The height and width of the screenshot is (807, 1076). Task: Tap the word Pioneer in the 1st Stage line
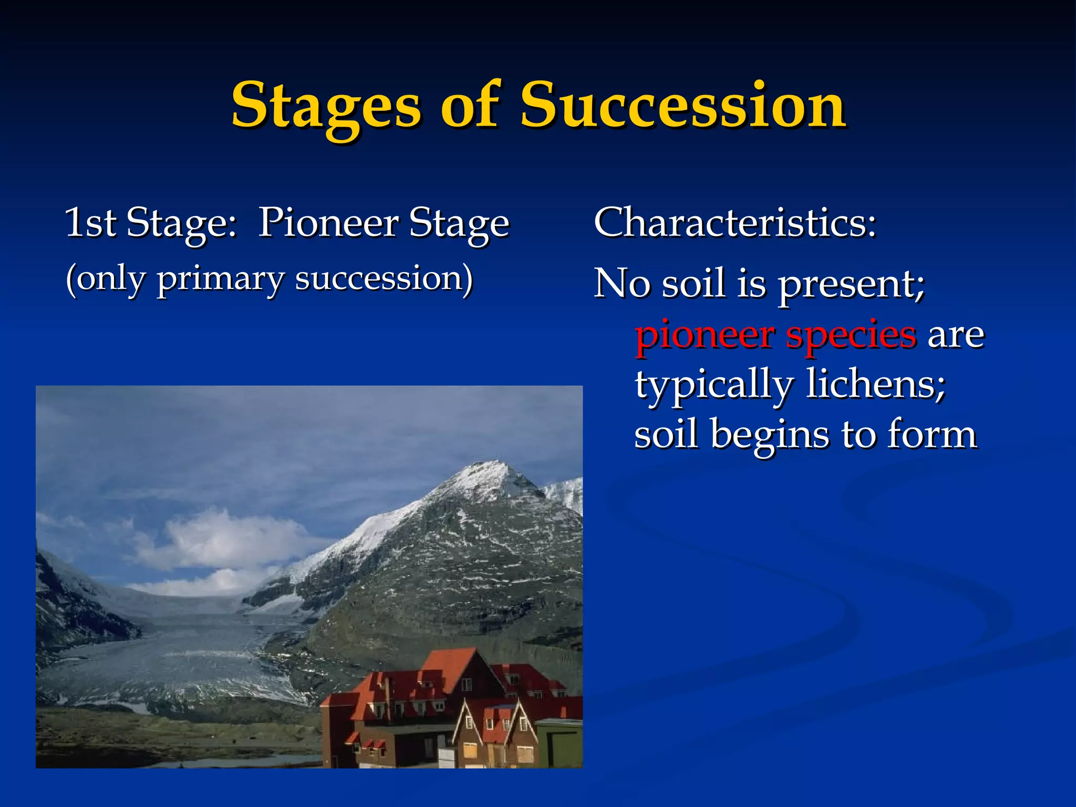[328, 223]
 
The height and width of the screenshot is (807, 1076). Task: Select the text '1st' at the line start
[90, 223]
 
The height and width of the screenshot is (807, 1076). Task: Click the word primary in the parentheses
[221, 280]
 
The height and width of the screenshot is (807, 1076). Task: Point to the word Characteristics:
[734, 223]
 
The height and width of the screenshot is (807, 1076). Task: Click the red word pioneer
[705, 335]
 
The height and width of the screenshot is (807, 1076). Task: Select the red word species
[851, 335]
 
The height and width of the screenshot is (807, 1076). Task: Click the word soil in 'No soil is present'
[693, 284]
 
